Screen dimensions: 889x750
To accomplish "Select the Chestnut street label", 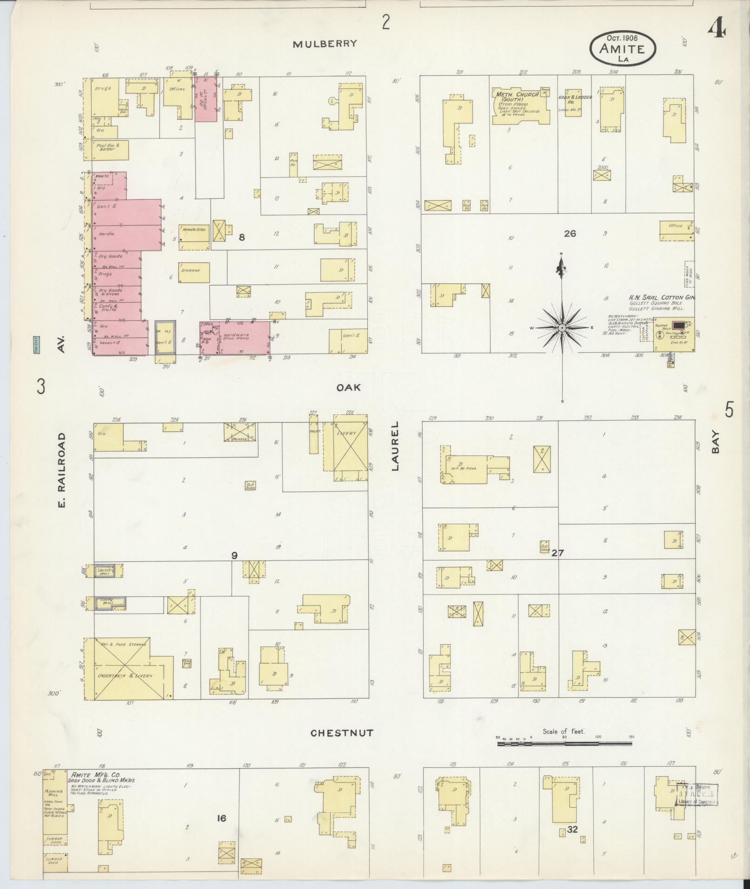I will (342, 733).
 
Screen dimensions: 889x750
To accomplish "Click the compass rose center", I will (562, 328).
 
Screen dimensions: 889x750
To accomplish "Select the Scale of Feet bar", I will (564, 744).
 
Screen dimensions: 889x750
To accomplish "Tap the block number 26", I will (570, 233).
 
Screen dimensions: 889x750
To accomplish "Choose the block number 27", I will (557, 553).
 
